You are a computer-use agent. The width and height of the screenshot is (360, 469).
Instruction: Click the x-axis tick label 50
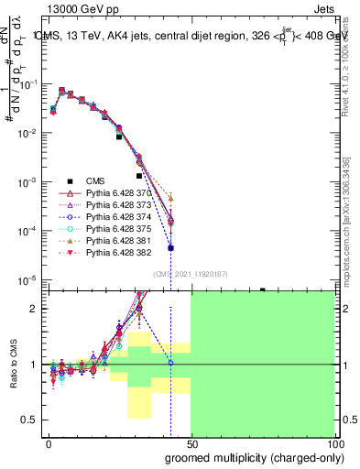pyautogui.click(x=191, y=442)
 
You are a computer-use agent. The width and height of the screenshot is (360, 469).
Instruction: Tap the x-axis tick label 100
pyautogui.click(x=333, y=442)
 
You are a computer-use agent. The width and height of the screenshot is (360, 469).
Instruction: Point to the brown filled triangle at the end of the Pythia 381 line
pyautogui.click(x=171, y=198)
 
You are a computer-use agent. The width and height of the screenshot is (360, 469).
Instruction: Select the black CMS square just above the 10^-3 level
pyautogui.click(x=139, y=175)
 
